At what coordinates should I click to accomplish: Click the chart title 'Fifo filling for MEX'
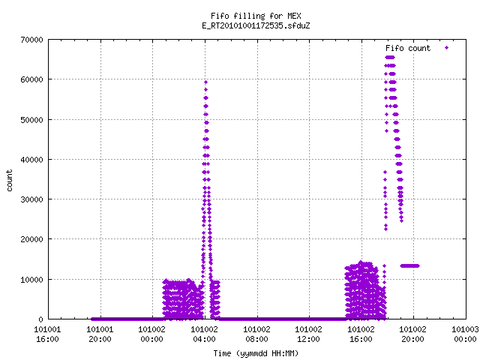coord(256,16)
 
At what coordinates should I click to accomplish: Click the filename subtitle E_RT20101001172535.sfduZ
coord(256,25)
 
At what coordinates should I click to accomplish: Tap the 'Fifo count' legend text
coord(408,48)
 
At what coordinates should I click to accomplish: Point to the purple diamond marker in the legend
coord(447,47)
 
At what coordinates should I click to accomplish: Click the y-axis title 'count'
coord(10,181)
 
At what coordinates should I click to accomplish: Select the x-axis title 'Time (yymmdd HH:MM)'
coord(256,353)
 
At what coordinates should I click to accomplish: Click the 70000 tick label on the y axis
coord(31,40)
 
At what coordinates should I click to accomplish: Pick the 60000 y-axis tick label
coord(31,79)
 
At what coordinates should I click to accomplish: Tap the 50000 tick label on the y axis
coord(31,120)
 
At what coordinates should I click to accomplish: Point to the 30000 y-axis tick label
coord(31,199)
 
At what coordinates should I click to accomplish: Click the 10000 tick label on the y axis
coord(31,280)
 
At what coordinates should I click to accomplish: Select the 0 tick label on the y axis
coord(40,319)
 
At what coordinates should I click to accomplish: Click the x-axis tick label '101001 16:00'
coord(48,334)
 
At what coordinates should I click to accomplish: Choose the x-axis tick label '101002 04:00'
coord(205,334)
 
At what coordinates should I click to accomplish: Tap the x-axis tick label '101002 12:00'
coord(308,334)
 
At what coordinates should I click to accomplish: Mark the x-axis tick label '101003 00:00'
coord(465,334)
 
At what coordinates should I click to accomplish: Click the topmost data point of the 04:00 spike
coord(205,82)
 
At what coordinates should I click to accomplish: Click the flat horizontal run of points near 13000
coord(409,265)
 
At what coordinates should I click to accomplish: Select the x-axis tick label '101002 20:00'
coord(413,334)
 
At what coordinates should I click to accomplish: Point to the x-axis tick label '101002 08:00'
coord(256,334)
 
